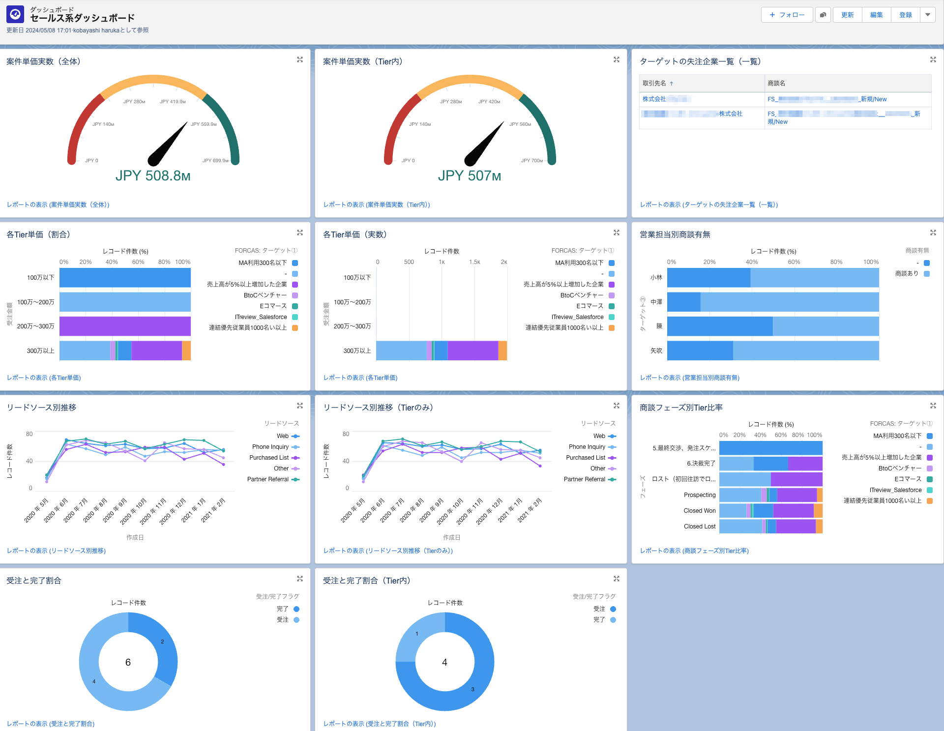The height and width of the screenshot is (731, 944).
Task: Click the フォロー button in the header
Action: coord(787,15)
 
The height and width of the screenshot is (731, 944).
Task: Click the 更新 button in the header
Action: coord(847,15)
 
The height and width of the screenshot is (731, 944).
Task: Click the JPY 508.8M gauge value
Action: coord(153,175)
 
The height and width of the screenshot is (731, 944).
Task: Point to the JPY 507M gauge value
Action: coord(470,175)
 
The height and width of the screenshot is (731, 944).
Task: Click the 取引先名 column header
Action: coord(654,83)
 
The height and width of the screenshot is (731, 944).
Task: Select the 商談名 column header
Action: coord(776,83)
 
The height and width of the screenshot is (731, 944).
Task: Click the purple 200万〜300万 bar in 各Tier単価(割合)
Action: coord(125,326)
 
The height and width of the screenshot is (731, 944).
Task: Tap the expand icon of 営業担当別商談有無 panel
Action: coord(933,233)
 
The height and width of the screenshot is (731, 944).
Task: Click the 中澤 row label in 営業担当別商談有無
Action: coord(656,302)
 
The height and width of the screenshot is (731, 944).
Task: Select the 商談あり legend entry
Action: coord(907,273)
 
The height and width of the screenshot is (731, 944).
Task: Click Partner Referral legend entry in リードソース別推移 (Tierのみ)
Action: coord(585,479)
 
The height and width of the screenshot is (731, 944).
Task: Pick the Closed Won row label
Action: coord(699,511)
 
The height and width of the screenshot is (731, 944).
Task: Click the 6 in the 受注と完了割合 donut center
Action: coord(128,662)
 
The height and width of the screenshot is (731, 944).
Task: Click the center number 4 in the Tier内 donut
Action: coord(444,662)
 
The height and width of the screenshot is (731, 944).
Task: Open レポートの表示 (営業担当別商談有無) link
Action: coord(689,378)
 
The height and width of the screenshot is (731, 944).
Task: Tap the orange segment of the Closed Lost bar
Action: coord(819,526)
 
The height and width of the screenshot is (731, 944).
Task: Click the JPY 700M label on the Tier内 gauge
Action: coord(531,161)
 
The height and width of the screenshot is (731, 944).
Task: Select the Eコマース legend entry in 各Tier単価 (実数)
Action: coord(590,306)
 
